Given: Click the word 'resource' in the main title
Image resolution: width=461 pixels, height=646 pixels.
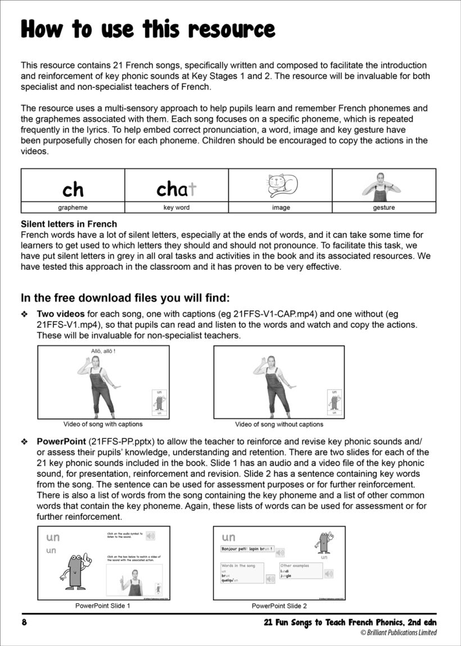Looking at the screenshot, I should click(230, 29).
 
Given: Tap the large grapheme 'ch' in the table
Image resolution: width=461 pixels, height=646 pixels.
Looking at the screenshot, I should click(73, 190).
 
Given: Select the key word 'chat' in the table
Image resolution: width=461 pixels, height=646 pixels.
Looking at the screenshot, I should click(176, 190).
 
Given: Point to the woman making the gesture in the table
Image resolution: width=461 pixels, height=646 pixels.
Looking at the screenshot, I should click(383, 186).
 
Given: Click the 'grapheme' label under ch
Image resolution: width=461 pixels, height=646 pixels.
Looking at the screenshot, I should click(73, 208).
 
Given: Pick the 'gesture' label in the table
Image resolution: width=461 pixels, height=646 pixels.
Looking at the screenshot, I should click(383, 208).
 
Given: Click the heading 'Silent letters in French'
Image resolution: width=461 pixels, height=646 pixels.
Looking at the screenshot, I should click(69, 225).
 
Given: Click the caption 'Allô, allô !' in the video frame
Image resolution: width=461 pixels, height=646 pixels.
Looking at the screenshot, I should click(103, 352).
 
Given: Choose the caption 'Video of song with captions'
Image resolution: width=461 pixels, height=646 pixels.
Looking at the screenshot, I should click(103, 424).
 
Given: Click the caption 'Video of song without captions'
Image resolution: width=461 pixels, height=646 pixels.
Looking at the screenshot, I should click(279, 424).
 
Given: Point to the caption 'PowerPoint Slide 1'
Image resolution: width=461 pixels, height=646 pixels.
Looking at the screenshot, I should click(103, 606).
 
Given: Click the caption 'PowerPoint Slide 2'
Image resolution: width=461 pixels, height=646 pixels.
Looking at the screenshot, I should click(279, 606).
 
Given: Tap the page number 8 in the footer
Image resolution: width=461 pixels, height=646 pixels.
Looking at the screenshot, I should click(24, 622).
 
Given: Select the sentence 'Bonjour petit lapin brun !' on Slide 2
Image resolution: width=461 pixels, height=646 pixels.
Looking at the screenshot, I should click(247, 549).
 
